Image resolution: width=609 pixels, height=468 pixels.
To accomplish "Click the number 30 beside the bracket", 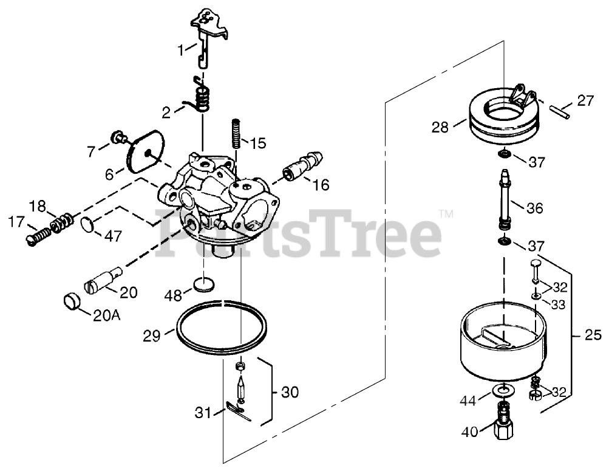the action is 290,393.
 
